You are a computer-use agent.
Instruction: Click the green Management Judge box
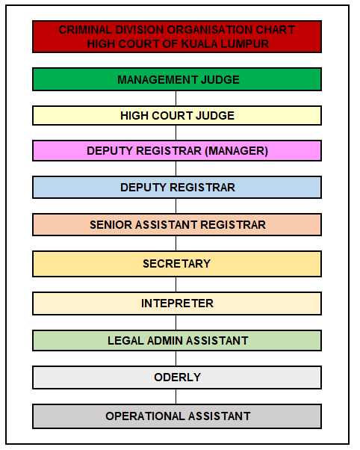tap(177, 79)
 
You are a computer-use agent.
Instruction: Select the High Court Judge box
tap(177, 115)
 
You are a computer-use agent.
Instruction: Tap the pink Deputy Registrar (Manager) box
tap(177, 151)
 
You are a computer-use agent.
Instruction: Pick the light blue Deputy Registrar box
tap(177, 187)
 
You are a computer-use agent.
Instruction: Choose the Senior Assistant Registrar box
tap(177, 224)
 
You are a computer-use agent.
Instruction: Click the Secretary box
tap(177, 264)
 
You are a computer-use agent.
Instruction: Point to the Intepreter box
tap(177, 303)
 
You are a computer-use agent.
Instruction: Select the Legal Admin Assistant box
tap(177, 340)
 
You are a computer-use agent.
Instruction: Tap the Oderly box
tap(177, 377)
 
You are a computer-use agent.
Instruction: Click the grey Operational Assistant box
tap(177, 416)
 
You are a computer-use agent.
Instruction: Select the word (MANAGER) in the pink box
tap(236, 151)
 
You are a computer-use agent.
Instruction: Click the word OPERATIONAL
tap(145, 416)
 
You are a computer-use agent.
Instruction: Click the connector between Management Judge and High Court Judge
tap(176, 99)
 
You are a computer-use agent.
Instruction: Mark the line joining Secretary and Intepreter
tap(176, 284)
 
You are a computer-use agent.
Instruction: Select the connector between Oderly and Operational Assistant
tap(176, 397)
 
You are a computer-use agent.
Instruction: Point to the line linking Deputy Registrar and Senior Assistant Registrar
tap(176, 206)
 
